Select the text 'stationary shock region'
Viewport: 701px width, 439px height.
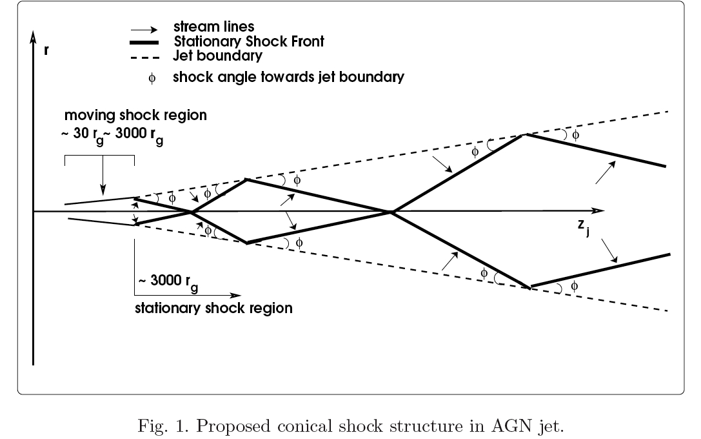tap(213, 308)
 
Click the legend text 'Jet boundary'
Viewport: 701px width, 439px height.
tap(217, 56)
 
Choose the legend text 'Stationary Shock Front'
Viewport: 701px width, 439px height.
tap(249, 42)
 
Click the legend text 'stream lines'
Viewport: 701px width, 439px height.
tap(213, 28)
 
